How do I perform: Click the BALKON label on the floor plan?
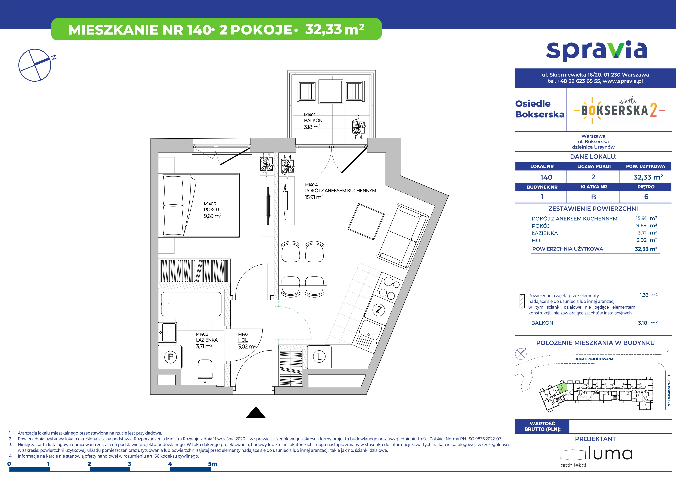[x=313, y=120]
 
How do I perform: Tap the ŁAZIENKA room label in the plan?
[x=207, y=340]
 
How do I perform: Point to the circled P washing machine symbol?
[x=170, y=357]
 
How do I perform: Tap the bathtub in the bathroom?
[x=191, y=304]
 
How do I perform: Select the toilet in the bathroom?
[x=205, y=373]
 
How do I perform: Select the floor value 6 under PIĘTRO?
[x=646, y=196]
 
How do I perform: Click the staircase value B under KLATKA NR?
[x=594, y=197]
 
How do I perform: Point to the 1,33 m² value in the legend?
[x=648, y=295]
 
